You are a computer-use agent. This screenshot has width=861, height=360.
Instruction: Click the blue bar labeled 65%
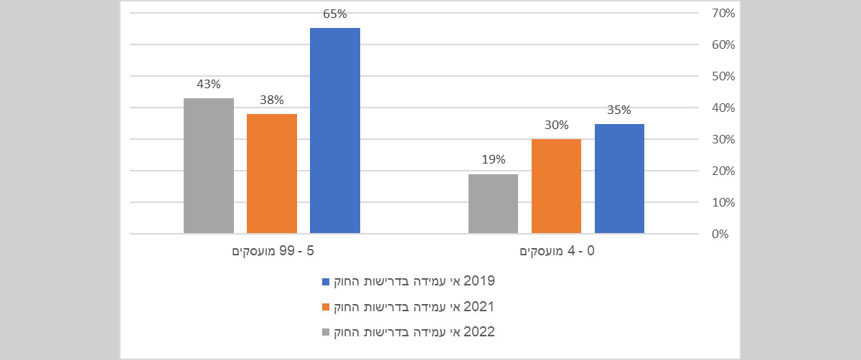(335, 131)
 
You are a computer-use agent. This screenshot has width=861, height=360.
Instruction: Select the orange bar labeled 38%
(272, 174)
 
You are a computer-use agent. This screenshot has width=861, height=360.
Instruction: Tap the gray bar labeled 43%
(209, 166)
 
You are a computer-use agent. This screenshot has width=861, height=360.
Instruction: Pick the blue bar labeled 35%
(619, 179)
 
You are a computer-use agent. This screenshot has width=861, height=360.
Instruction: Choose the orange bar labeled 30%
(556, 186)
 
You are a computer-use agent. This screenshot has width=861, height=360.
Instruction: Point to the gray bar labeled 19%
(493, 204)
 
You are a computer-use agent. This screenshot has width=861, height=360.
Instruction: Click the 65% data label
(335, 14)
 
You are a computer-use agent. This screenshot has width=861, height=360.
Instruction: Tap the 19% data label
(493, 159)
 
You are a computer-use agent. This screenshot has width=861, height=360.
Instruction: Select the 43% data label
(209, 84)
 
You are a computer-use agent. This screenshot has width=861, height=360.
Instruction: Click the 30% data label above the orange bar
(556, 124)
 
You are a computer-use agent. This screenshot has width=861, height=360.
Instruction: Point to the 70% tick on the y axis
(722, 13)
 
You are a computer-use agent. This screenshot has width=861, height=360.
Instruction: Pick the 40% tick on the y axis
(722, 108)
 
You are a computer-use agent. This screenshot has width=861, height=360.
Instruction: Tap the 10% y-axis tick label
(722, 202)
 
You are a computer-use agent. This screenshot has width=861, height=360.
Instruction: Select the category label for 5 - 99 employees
(273, 252)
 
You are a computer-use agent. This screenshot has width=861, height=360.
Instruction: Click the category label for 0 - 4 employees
(557, 252)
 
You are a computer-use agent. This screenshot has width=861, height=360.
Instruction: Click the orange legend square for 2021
(326, 307)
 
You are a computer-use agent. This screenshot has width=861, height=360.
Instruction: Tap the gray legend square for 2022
(326, 333)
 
